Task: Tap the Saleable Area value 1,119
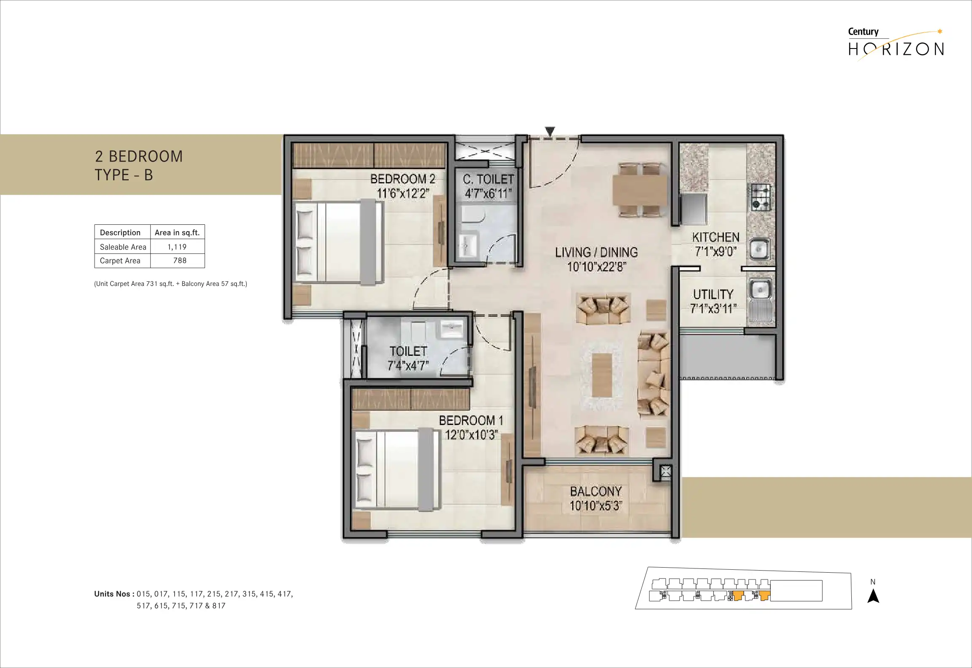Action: [177, 247]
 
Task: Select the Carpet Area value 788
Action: [180, 261]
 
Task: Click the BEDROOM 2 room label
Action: [402, 179]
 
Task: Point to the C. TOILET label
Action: [488, 179]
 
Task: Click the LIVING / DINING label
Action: [596, 252]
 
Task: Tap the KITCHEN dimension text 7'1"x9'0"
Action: [715, 251]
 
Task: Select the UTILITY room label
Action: [713, 294]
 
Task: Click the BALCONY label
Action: [596, 491]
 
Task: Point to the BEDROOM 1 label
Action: [471, 420]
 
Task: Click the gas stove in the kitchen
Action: [760, 197]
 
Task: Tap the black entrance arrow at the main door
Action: [550, 132]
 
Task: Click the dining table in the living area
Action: [640, 190]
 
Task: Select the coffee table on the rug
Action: [602, 375]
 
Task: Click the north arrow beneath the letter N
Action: [873, 596]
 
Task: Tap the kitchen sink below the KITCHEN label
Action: [759, 249]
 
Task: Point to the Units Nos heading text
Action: [114, 594]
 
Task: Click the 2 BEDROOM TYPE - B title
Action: [139, 165]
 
